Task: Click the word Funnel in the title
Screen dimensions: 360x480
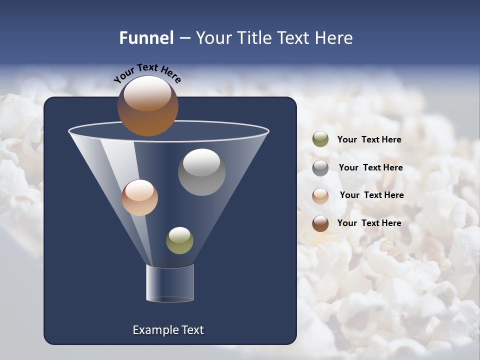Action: click(x=146, y=38)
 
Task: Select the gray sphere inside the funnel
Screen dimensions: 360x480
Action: click(x=201, y=172)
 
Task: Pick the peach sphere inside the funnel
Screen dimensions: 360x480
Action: click(x=139, y=197)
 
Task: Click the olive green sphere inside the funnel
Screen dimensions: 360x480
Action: click(x=179, y=240)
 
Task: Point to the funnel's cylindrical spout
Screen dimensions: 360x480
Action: click(x=170, y=283)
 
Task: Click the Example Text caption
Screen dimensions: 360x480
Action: click(x=168, y=330)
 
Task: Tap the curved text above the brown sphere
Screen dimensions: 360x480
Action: click(x=147, y=72)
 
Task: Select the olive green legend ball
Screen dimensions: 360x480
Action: click(x=320, y=139)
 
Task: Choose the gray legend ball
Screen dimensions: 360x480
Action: click(x=320, y=167)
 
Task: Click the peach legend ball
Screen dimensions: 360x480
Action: click(x=320, y=195)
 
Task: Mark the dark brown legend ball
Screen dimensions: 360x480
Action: click(x=320, y=223)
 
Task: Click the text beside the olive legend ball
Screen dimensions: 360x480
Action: click(x=369, y=140)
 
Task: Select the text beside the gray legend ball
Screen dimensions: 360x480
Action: click(x=370, y=168)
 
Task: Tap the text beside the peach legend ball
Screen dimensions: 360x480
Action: click(x=371, y=195)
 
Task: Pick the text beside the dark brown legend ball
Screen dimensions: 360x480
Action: click(x=369, y=223)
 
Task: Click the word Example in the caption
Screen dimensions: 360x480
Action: click(x=154, y=330)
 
